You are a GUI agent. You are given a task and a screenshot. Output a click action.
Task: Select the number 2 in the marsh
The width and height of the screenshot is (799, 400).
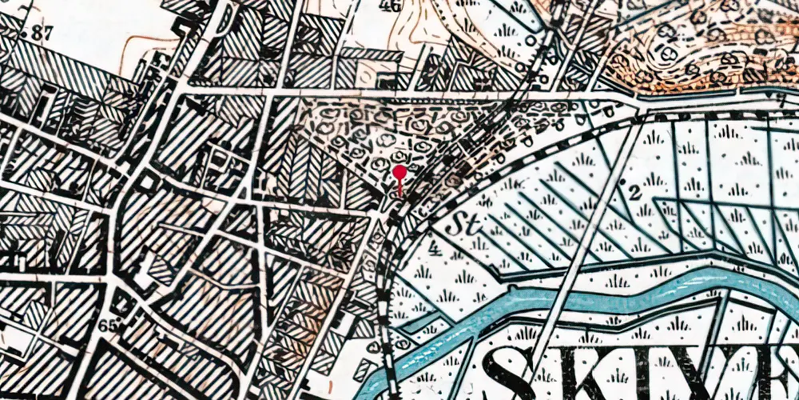tap(634, 192)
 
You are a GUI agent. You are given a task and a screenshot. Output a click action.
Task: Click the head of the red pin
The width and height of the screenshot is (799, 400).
tap(399, 171)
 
